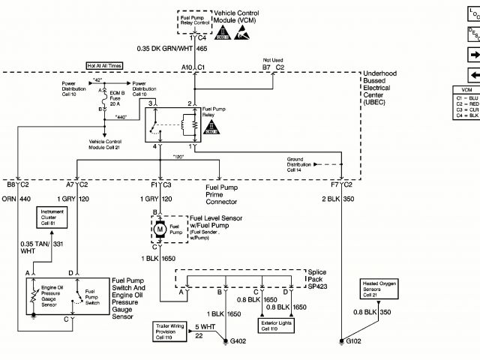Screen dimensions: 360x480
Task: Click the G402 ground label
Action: click(238, 342)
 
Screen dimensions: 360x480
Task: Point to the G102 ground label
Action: click(353, 342)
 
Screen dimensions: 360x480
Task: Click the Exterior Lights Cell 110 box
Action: click(277, 325)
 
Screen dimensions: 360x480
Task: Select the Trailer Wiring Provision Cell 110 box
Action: click(167, 331)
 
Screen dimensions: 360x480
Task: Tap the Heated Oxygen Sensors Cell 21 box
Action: click(379, 288)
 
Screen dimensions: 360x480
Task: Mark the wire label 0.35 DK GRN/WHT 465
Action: click(172, 48)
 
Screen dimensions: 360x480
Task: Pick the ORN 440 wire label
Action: click(16, 199)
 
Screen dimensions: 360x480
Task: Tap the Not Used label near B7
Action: click(272, 59)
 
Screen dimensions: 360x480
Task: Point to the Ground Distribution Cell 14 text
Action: click(301, 164)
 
